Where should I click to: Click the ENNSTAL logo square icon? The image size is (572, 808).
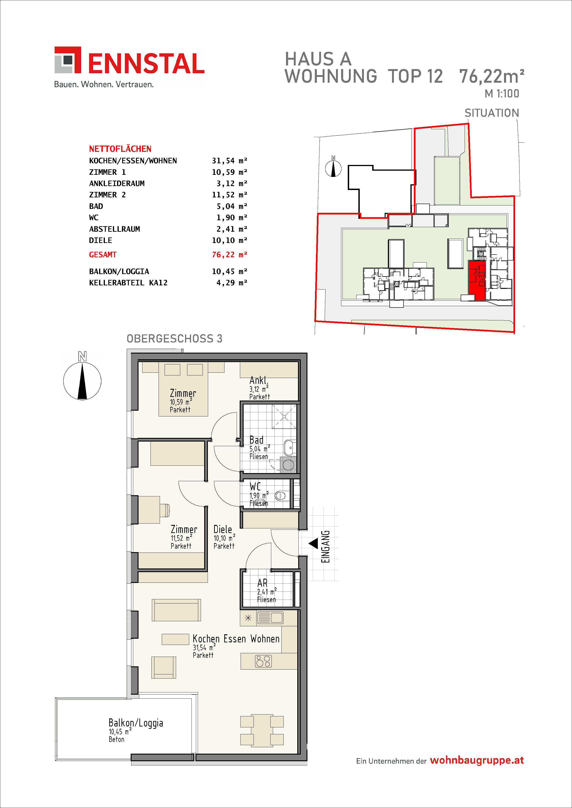[68, 60]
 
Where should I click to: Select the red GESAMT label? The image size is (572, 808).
[103, 255]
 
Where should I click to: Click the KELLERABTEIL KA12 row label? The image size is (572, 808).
[128, 283]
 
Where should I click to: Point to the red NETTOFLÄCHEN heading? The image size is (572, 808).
[120, 149]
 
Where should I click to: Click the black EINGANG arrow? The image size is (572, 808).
[313, 544]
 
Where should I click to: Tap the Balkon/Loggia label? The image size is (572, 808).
[136, 723]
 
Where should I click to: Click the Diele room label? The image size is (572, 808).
[223, 529]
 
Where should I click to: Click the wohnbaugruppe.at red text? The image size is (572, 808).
[477, 761]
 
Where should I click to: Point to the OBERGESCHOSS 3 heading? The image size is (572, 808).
[174, 339]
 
